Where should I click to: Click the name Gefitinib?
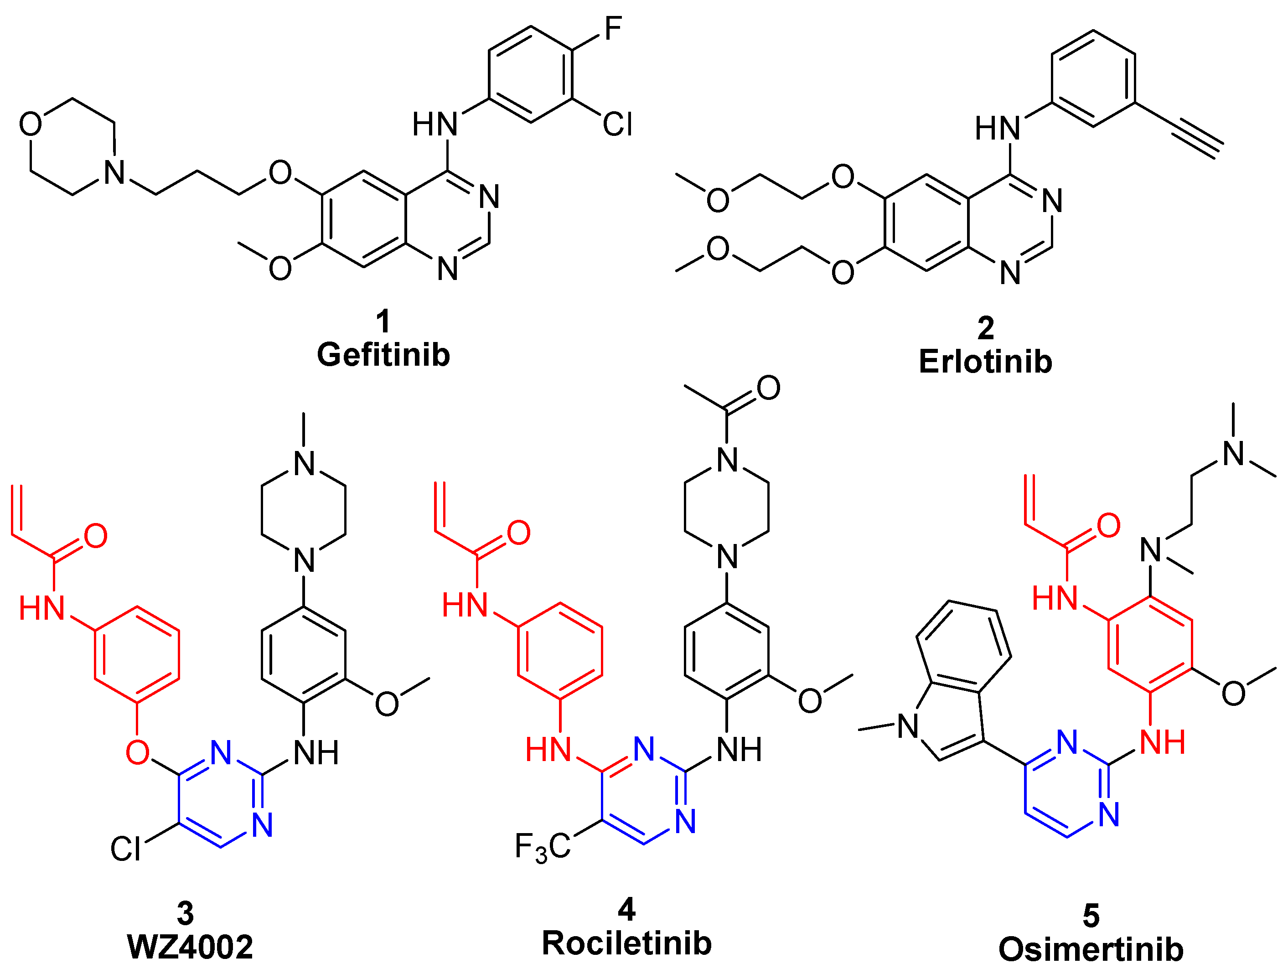pyautogui.click(x=383, y=355)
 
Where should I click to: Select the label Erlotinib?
pyautogui.click(x=985, y=362)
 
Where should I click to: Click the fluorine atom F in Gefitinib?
pyautogui.click(x=613, y=29)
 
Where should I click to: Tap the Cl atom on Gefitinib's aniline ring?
pyautogui.click(x=617, y=124)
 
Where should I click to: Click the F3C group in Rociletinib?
pyautogui.click(x=542, y=847)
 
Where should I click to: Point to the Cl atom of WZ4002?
pyautogui.click(x=126, y=849)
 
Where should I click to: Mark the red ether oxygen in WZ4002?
pyautogui.click(x=137, y=753)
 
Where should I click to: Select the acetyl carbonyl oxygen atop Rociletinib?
pyautogui.click(x=768, y=388)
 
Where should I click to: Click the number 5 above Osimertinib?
pyautogui.click(x=1091, y=916)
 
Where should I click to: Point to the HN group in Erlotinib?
pyautogui.click(x=998, y=129)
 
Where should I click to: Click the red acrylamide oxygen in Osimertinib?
pyautogui.click(x=1108, y=525)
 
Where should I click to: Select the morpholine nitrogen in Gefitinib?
pyautogui.click(x=115, y=172)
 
